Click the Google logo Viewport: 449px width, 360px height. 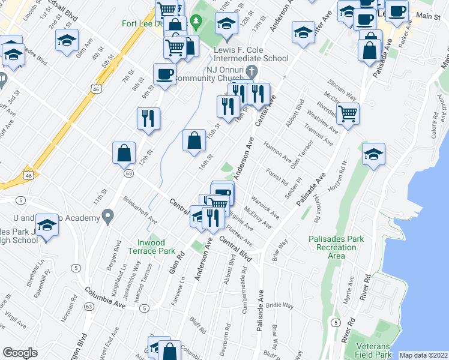(20, 353)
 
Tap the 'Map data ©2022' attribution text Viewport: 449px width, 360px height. (424, 355)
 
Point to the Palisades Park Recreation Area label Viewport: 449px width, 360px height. (336, 247)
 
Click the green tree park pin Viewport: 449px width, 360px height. (195, 22)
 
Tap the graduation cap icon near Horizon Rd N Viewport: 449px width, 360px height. (373, 154)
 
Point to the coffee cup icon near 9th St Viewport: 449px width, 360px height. (164, 74)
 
